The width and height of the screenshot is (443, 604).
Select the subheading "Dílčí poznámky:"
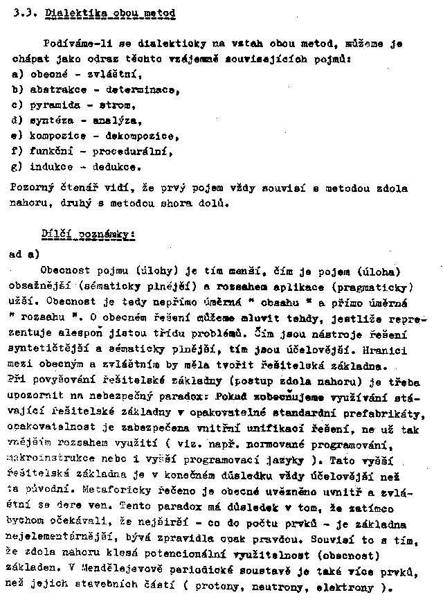[x=88, y=235]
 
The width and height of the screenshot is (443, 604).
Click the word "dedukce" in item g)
[x=118, y=166]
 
